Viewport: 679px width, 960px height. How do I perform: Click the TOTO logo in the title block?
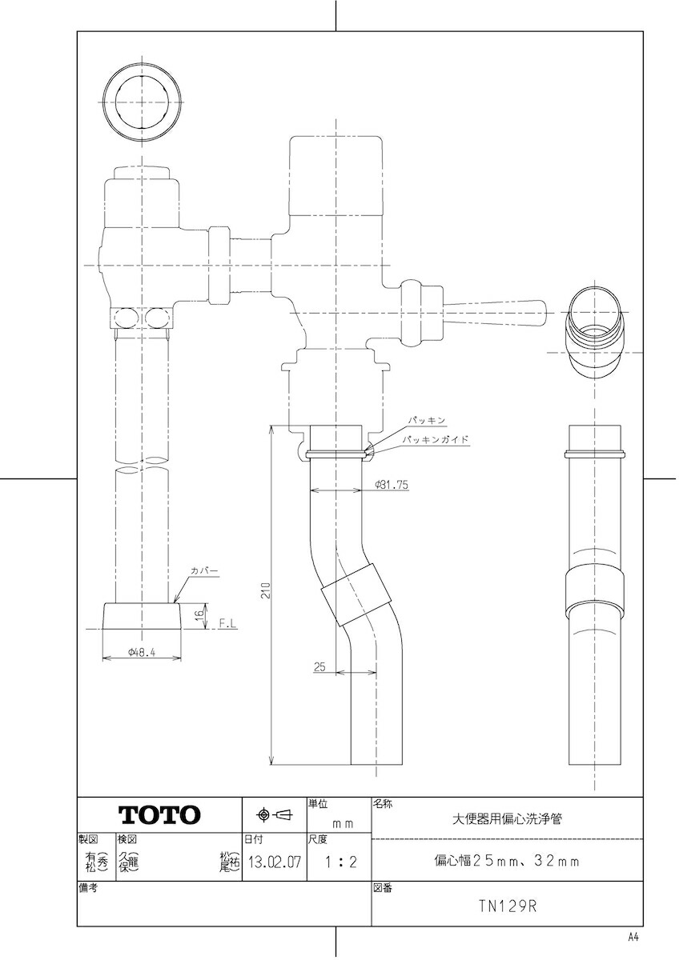coord(159,815)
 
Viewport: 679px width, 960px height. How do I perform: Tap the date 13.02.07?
coord(275,863)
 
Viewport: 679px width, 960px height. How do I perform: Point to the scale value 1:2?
coord(339,863)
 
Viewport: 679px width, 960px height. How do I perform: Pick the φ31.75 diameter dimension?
coord(392,486)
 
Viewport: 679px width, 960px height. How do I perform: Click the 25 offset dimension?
coord(319,666)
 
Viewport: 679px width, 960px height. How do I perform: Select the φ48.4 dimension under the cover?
coord(141,653)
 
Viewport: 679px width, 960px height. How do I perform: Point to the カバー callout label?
coord(204,570)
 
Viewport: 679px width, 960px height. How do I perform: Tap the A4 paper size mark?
coord(633,937)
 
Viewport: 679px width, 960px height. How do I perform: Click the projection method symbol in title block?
coord(274,815)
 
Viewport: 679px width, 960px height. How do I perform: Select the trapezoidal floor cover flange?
coord(141,618)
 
